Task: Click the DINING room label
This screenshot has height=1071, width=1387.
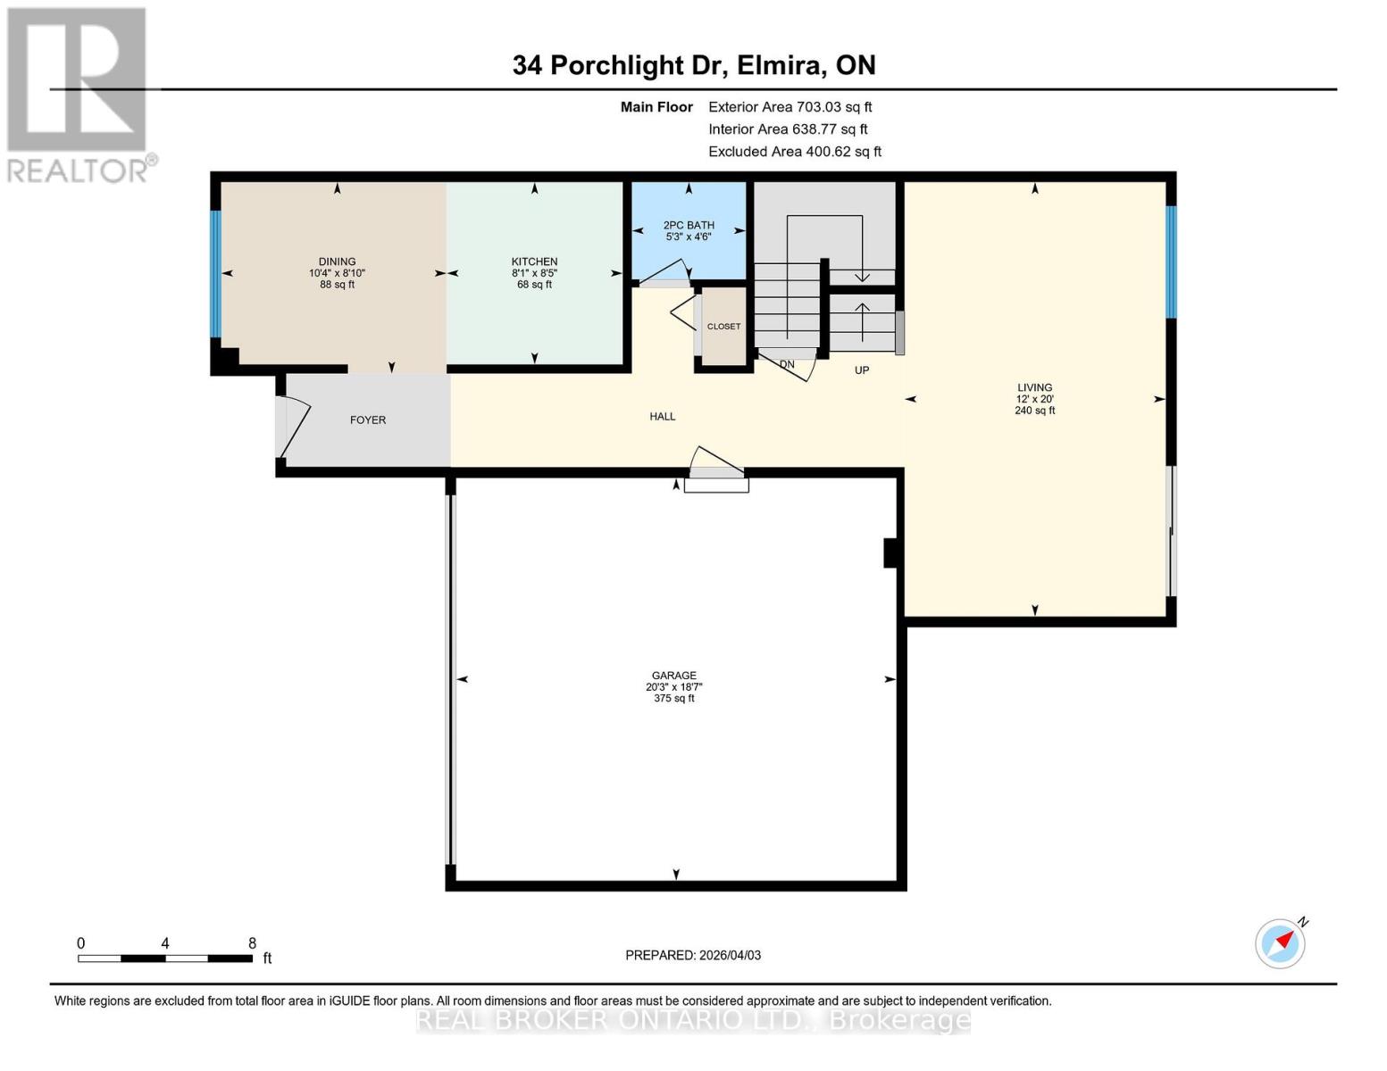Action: tap(337, 262)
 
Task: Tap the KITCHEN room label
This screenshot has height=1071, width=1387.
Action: tap(534, 262)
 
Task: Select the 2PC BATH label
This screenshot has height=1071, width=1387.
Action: tap(689, 226)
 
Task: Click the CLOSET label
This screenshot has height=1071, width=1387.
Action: tap(723, 327)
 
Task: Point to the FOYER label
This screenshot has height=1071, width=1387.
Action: tap(368, 420)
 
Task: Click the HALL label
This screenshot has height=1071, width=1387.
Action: tap(663, 417)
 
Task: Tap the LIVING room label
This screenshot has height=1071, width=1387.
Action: tap(1034, 388)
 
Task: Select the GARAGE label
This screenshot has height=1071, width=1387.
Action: tap(673, 677)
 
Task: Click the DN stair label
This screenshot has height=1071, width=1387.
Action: tap(787, 365)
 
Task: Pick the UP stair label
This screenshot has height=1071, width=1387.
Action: tap(861, 370)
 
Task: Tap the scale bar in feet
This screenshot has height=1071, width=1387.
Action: tap(165, 958)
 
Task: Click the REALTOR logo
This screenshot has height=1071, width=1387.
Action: tap(78, 94)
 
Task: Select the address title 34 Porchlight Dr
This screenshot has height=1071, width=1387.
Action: tap(693, 65)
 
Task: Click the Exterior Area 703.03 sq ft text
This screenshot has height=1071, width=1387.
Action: tap(790, 107)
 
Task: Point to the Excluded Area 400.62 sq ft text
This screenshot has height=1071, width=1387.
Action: tap(794, 152)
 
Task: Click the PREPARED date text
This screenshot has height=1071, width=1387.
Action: tap(693, 955)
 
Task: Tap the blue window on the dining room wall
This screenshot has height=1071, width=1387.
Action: tap(215, 273)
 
